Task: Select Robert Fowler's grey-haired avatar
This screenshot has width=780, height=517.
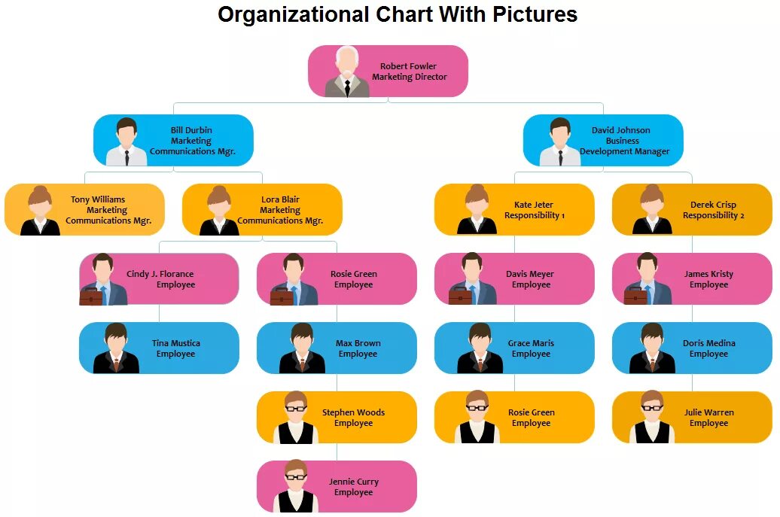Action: [x=347, y=72]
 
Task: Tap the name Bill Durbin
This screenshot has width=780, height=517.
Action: [x=191, y=130]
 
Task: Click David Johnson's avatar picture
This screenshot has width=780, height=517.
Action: [x=560, y=142]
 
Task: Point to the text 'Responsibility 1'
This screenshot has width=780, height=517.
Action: [x=534, y=215]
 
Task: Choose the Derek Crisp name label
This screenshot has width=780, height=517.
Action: [x=713, y=205]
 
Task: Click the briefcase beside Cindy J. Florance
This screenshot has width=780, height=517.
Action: [x=91, y=296]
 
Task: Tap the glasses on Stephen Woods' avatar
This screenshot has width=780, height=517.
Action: [x=296, y=408]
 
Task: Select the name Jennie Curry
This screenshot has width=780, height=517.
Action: [x=354, y=482]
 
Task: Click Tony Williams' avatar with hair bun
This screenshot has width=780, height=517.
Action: [x=40, y=211]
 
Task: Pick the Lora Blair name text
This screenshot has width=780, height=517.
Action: [x=280, y=199]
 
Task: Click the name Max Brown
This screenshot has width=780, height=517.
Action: [x=358, y=343]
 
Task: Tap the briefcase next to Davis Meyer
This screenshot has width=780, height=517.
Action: [x=461, y=296]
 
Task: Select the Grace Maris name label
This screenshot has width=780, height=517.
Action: [x=531, y=343]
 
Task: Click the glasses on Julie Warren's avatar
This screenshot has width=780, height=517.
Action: [x=651, y=408]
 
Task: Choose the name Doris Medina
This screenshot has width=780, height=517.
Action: [x=708, y=343]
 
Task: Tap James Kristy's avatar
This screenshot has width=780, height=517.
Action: [x=648, y=279]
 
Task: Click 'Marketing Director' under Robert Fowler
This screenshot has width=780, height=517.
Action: [x=409, y=77]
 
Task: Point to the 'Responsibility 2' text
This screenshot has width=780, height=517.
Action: [x=713, y=215]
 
